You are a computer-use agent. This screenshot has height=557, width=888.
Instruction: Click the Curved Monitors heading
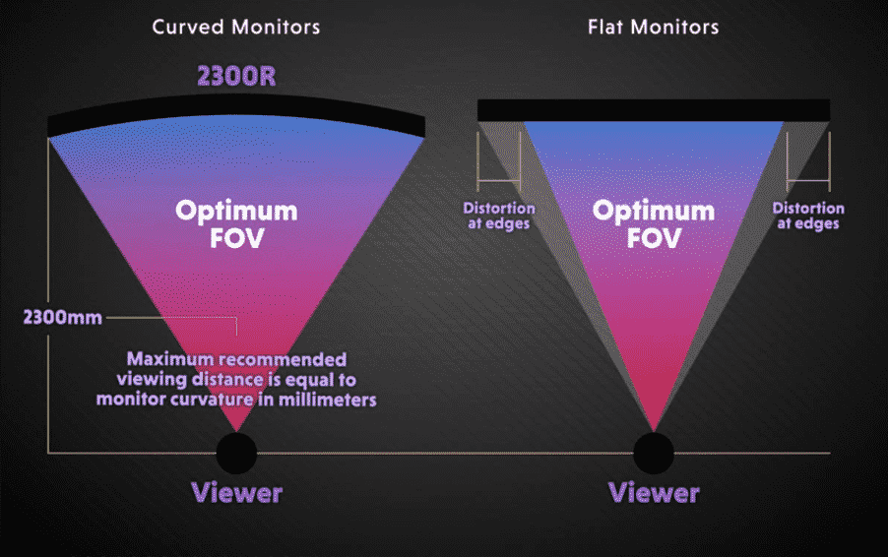236,27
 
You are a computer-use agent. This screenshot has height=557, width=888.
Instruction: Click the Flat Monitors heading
653,27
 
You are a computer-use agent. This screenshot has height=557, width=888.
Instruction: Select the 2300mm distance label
61,318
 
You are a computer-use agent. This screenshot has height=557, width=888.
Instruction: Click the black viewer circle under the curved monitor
236,453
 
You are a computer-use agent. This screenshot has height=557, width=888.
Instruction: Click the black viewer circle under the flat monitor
654,453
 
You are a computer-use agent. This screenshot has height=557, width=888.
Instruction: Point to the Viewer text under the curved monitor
236,492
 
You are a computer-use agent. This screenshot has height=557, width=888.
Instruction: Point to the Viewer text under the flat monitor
654,492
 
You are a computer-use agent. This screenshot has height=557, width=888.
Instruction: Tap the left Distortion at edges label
499,216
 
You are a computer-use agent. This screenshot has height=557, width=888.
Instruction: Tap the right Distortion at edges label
808,216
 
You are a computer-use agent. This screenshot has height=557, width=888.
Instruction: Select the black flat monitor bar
654,109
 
